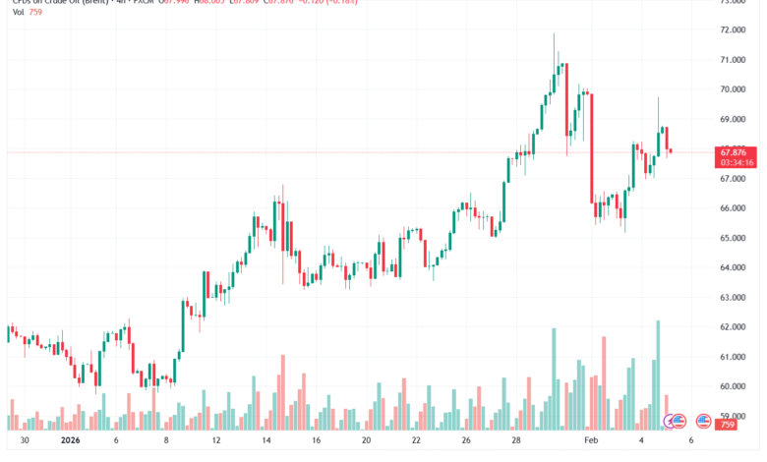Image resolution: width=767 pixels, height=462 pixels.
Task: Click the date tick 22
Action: [416, 442]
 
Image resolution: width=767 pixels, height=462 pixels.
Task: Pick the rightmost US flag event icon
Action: [703, 422]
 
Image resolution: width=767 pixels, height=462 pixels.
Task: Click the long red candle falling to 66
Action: [592, 147]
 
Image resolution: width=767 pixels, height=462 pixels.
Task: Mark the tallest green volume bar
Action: [658, 374]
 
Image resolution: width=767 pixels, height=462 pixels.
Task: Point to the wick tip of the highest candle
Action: [554, 34]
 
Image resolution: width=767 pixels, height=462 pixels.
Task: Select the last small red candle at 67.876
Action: [670, 151]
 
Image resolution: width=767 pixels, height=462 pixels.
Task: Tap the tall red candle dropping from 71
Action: [566, 99]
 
